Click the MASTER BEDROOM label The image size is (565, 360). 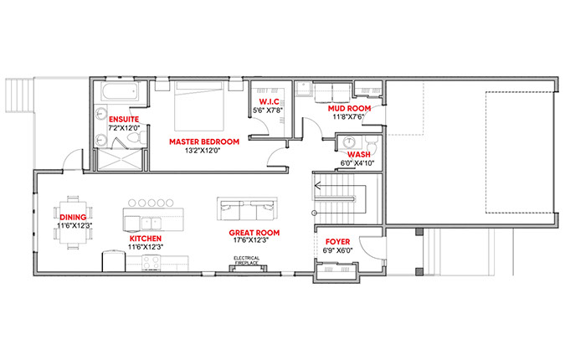204,141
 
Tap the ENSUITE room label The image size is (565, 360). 124,119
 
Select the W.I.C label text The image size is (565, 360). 270,102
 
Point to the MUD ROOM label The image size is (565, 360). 349,109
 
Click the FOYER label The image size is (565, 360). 337,242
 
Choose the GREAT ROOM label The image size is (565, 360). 254,233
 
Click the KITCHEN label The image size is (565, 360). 146,239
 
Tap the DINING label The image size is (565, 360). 73,218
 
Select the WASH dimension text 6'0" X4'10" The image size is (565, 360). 357,163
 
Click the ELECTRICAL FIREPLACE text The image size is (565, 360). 247,260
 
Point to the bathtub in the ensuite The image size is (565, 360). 120,92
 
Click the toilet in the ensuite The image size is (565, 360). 137,138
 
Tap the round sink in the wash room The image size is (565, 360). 349,142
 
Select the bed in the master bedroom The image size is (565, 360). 198,106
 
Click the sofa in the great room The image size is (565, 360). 247,209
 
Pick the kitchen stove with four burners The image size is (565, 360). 152,262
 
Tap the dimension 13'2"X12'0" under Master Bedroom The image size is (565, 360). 203,151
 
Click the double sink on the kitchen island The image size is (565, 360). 152,224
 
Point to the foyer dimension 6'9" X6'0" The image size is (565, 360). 337,250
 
